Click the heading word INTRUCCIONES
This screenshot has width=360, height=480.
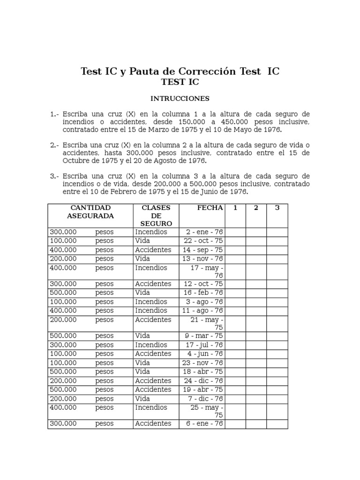click(x=180, y=98)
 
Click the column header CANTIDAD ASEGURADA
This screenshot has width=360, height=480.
click(x=90, y=212)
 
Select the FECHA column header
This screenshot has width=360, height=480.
click(x=210, y=208)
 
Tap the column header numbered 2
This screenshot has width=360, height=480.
click(x=256, y=208)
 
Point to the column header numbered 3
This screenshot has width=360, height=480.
click(x=277, y=208)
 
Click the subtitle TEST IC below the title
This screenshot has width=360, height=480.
click(x=180, y=82)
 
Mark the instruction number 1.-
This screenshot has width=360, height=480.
click(x=54, y=114)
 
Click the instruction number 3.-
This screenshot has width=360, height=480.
click(x=54, y=176)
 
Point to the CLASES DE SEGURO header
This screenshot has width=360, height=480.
click(x=156, y=216)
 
